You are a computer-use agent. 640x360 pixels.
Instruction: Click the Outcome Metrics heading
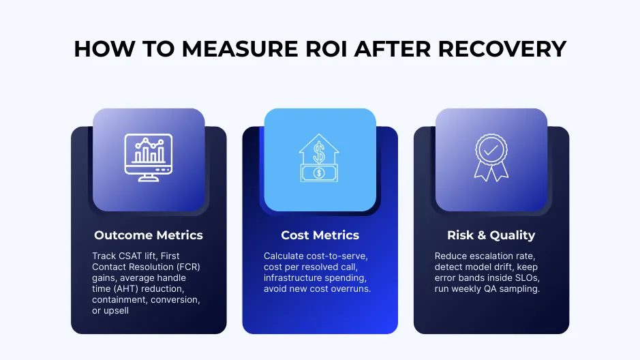tap(149, 235)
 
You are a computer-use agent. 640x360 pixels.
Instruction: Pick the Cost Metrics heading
tap(320, 235)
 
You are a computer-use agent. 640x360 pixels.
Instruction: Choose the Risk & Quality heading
tap(491, 235)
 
